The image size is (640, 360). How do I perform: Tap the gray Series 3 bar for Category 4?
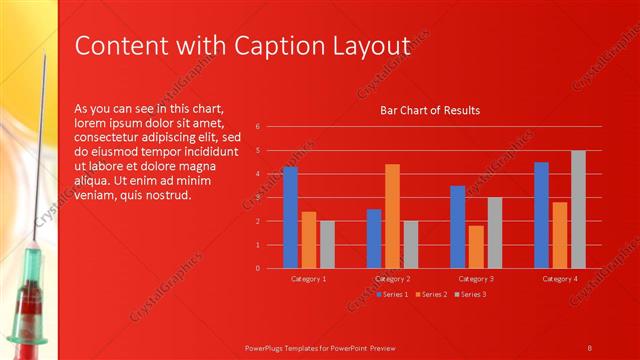(578, 209)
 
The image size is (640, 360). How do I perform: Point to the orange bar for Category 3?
(476, 247)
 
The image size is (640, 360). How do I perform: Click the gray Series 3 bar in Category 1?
(327, 244)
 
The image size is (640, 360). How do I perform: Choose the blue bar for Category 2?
(374, 238)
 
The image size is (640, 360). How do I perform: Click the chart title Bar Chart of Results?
(430, 110)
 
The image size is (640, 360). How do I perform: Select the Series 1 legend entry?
(394, 294)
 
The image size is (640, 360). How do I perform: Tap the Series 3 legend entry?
(471, 294)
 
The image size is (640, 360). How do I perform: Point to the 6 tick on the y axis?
(258, 127)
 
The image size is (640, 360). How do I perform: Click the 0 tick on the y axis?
(258, 268)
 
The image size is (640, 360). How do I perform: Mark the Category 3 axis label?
(476, 279)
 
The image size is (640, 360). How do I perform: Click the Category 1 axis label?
(309, 279)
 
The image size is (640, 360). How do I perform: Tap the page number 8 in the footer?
(590, 347)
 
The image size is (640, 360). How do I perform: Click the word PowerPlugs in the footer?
(267, 347)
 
